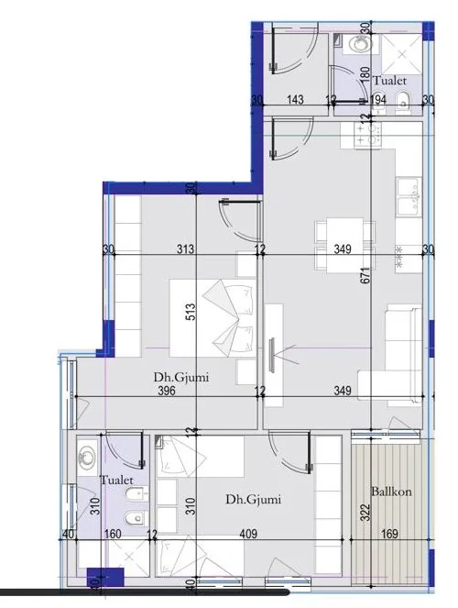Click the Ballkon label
[391, 492]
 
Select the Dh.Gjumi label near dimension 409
[253, 499]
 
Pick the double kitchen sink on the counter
[409, 194]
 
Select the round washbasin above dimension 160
[89, 453]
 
